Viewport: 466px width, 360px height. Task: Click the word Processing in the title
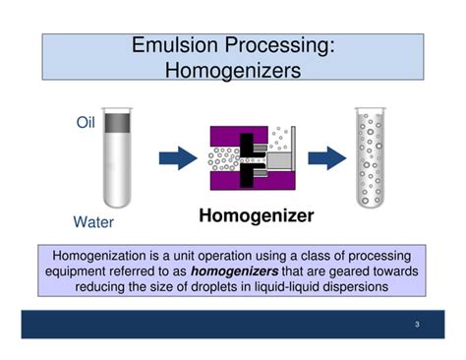click(x=284, y=46)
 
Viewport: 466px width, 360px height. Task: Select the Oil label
click(x=87, y=123)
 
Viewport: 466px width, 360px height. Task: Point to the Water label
click(x=93, y=221)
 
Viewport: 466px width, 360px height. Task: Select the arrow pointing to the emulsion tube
click(x=324, y=157)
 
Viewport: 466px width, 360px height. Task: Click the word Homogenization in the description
click(x=103, y=253)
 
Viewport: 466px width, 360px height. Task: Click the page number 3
click(x=416, y=325)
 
